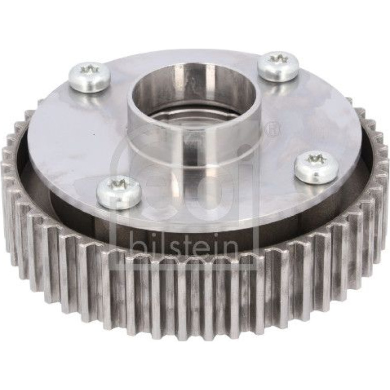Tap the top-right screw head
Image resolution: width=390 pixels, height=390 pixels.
[x=278, y=65]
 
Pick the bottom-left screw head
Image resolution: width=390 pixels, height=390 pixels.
[x=119, y=192]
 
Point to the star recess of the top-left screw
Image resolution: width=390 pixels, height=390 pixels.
[x=89, y=70]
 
